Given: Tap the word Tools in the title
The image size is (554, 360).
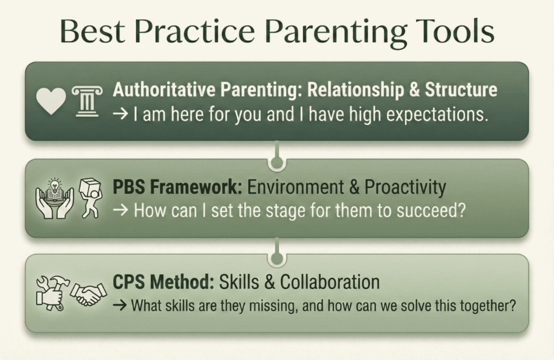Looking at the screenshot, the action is pyautogui.click(x=455, y=31).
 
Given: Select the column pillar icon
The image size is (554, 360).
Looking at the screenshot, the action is pyautogui.click(x=87, y=101).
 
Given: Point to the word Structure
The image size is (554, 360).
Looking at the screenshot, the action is pyautogui.click(x=461, y=90).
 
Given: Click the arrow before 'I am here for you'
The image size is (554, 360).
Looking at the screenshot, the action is pyautogui.click(x=120, y=115).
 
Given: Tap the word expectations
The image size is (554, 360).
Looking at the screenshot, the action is pyautogui.click(x=437, y=115).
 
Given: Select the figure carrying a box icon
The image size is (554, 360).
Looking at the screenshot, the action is pyautogui.click(x=90, y=198).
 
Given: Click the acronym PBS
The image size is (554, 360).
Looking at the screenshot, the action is pyautogui.click(x=129, y=187).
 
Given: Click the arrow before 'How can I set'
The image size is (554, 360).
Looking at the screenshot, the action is pyautogui.click(x=120, y=211).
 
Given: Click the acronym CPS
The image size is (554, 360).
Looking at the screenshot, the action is pyautogui.click(x=129, y=282).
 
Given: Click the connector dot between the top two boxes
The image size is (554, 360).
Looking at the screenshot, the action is pyautogui.click(x=277, y=162).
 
